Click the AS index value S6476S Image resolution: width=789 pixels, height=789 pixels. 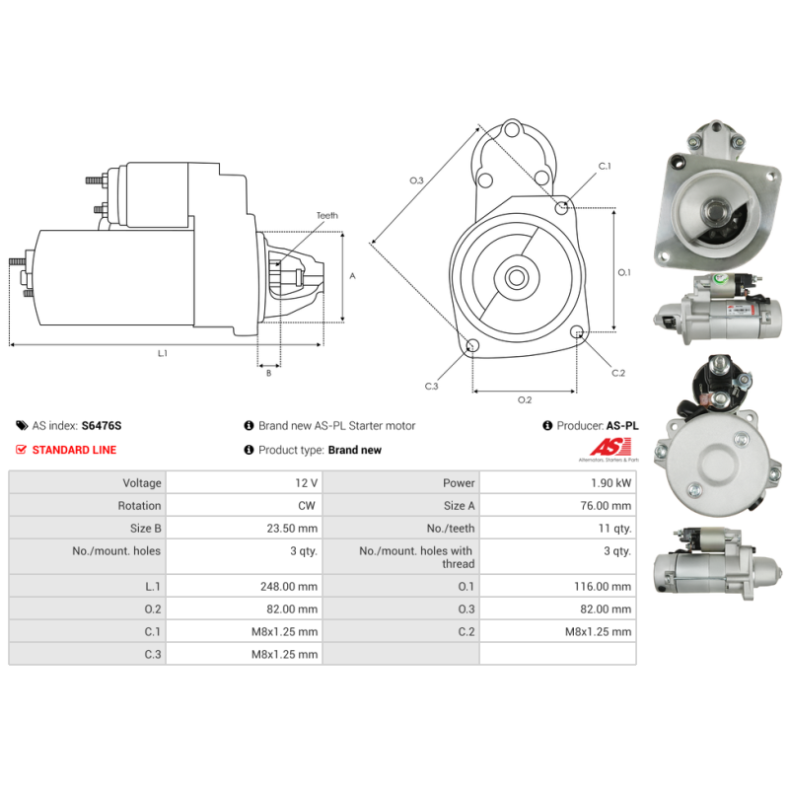(x=102, y=426)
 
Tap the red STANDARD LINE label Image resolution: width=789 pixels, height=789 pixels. (x=74, y=450)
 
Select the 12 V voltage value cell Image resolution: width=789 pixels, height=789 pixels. (x=306, y=483)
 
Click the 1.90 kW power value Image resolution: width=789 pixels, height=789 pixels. (x=611, y=483)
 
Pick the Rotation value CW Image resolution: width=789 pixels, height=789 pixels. (x=308, y=506)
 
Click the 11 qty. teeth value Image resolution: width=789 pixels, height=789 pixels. (x=615, y=529)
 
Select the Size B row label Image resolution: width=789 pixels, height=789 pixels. (x=141, y=529)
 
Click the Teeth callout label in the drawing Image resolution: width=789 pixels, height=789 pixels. (x=326, y=215)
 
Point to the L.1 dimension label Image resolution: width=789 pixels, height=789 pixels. (x=163, y=353)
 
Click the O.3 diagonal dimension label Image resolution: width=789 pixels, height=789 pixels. (x=416, y=180)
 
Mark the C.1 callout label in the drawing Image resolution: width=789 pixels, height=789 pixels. (x=605, y=167)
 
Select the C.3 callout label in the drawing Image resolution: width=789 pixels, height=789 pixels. (x=431, y=386)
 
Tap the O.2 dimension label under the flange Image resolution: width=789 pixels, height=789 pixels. (x=525, y=399)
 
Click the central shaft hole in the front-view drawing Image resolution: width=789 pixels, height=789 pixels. (x=516, y=277)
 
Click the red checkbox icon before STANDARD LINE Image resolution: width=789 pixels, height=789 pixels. (x=22, y=450)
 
